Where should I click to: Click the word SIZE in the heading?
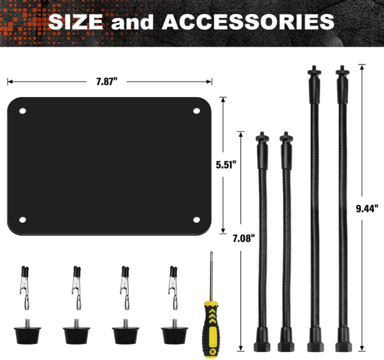pyautogui.click(x=76, y=21)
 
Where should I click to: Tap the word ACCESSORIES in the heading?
pyautogui.click(x=248, y=21)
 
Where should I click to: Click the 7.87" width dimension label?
pyautogui.click(x=107, y=82)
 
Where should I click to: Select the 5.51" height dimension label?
pyautogui.click(x=226, y=165)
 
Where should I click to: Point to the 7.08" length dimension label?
pyautogui.click(x=243, y=238)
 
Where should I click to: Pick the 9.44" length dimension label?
pyautogui.click(x=367, y=209)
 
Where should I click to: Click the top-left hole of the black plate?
pyautogui.click(x=23, y=111)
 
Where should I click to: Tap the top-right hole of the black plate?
pyautogui.click(x=196, y=111)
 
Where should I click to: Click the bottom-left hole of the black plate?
pyautogui.click(x=23, y=220)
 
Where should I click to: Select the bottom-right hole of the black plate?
pyautogui.click(x=196, y=220)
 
